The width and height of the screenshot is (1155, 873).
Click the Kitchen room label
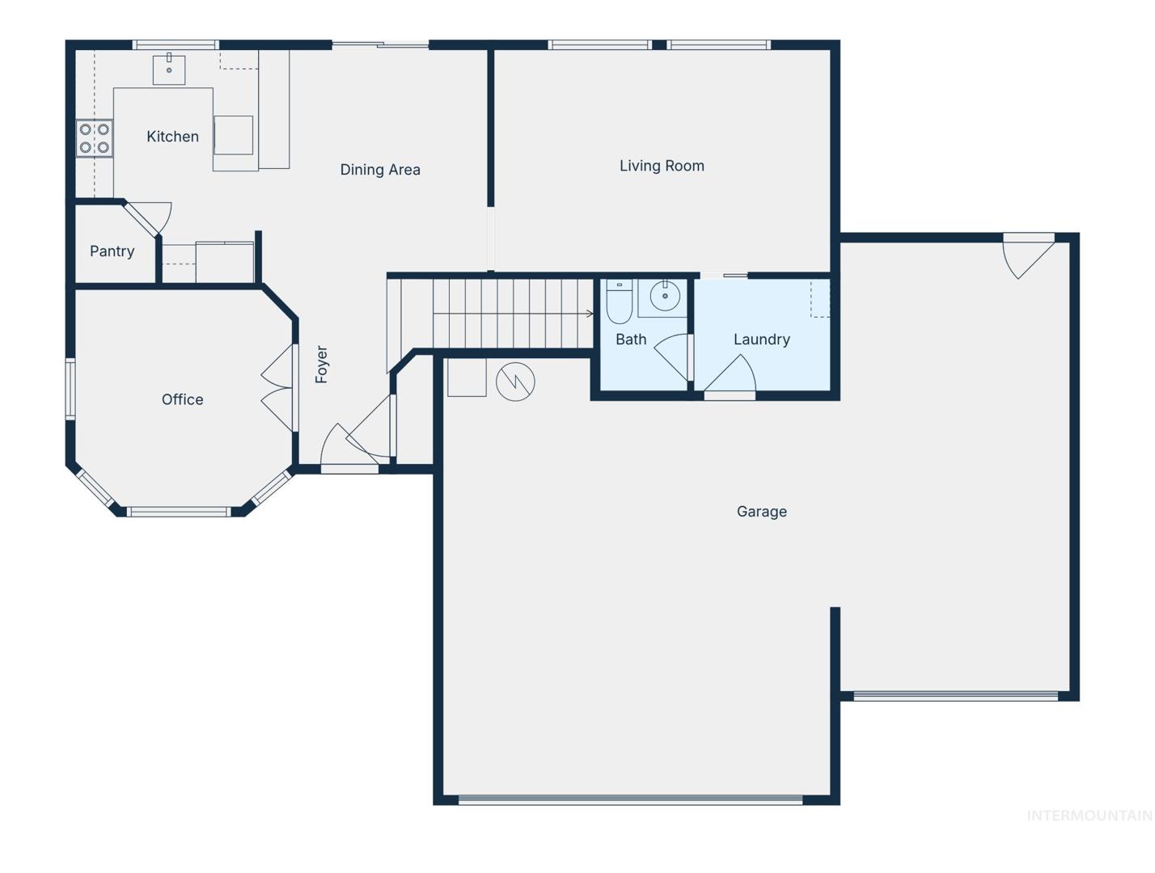(x=172, y=137)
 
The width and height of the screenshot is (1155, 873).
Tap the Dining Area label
(x=380, y=170)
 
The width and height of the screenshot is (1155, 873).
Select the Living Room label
(x=662, y=166)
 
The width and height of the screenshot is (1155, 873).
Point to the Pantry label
(x=112, y=251)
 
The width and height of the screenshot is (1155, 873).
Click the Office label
(x=182, y=399)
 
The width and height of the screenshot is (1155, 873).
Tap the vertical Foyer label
(x=321, y=365)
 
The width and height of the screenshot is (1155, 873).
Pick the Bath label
(x=631, y=339)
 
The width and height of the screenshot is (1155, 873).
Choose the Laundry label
(x=761, y=339)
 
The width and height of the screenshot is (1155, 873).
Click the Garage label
(x=761, y=512)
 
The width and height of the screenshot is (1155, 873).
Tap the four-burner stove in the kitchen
(x=95, y=138)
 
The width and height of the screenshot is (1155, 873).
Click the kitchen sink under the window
(x=169, y=69)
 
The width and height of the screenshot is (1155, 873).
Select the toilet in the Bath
(x=620, y=302)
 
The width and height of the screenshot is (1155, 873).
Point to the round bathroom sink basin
(x=665, y=296)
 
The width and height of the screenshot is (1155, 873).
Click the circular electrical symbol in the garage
(x=515, y=382)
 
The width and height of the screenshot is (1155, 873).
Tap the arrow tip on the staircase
(x=593, y=314)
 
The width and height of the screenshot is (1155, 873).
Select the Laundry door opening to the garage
(x=730, y=375)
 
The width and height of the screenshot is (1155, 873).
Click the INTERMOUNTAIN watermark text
(x=1089, y=816)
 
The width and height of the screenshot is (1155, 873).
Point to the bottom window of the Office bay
(x=179, y=511)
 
